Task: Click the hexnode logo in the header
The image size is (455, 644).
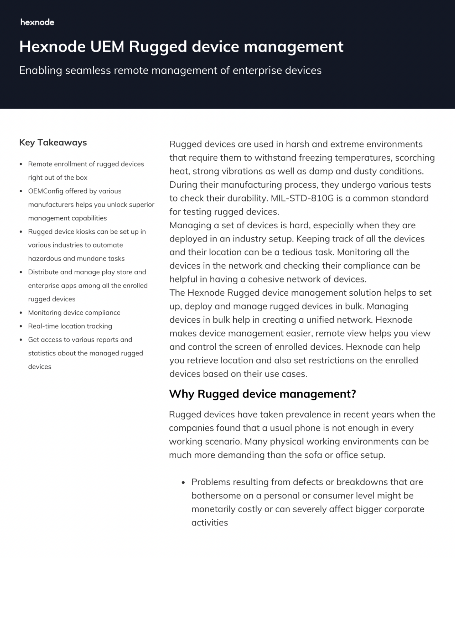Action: [x=37, y=22]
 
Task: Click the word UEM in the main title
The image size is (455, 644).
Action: [x=107, y=47]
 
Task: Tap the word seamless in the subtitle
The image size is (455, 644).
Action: [x=88, y=70]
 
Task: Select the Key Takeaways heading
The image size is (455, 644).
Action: [x=53, y=142]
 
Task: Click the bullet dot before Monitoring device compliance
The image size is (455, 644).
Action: [x=21, y=313]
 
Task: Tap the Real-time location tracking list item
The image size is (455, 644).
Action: [x=70, y=326]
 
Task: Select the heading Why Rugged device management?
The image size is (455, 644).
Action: [x=262, y=394]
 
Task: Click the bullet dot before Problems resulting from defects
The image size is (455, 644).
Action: [x=183, y=482]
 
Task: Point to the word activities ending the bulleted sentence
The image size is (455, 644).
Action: [x=209, y=523]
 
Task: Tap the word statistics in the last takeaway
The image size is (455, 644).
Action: [x=42, y=353]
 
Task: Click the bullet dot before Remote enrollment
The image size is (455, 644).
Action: [x=21, y=164]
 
